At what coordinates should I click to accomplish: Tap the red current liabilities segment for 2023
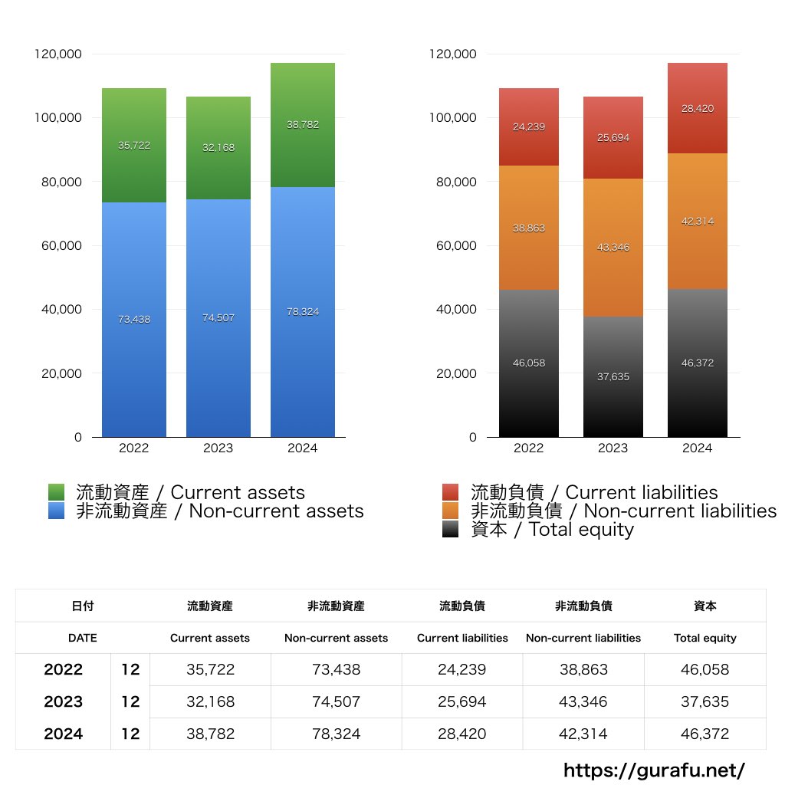click(x=613, y=138)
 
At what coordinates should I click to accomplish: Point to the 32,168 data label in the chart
click(x=218, y=148)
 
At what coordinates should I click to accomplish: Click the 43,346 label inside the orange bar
click(x=613, y=248)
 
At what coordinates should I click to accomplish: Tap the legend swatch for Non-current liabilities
click(x=451, y=511)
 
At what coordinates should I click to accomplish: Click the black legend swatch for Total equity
click(x=451, y=529)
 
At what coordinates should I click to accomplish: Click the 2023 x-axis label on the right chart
click(x=613, y=448)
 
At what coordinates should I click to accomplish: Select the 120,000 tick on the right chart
click(x=455, y=54)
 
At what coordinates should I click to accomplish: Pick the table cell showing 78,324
click(x=336, y=734)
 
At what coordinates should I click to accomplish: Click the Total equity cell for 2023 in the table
click(x=705, y=701)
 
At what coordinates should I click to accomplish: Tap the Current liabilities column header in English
click(x=462, y=638)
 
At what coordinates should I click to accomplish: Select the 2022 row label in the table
click(x=63, y=669)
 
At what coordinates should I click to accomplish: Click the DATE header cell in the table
click(x=82, y=638)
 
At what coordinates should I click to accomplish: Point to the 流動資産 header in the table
click(x=210, y=606)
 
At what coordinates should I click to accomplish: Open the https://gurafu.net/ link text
click(x=654, y=770)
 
